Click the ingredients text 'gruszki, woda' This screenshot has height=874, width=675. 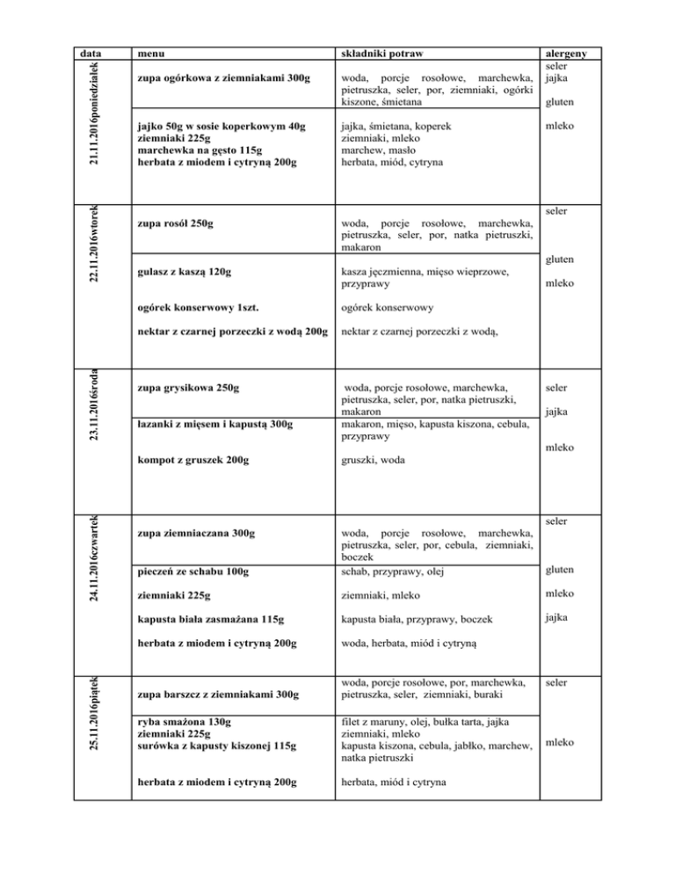click(x=375, y=460)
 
